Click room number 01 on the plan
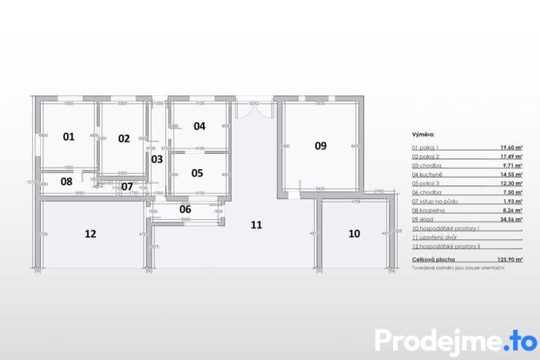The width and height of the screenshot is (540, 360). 68,137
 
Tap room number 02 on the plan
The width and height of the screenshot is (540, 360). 124,138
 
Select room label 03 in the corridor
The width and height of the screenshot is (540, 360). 156,159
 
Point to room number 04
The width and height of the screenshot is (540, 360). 199,126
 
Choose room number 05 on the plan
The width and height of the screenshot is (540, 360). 197,173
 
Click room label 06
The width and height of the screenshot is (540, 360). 185,209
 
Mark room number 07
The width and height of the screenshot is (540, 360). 127,186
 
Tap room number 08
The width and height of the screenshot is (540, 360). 66,182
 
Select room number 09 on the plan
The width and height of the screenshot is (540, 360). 321,145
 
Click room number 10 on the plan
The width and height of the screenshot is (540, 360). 354,233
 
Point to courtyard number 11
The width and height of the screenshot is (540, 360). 257,225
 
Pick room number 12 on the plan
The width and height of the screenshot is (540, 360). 91,233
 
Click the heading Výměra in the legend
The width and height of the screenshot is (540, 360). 425,133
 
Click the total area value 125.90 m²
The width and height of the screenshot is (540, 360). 510,260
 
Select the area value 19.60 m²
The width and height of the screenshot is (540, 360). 511,146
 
